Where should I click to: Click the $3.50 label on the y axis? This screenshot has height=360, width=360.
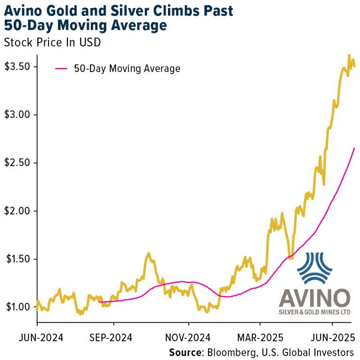[x=17, y=67]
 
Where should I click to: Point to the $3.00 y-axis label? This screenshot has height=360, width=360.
[x=17, y=115]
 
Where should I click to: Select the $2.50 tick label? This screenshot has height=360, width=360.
[x=17, y=163]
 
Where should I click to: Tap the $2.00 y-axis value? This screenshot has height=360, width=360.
[x=17, y=211]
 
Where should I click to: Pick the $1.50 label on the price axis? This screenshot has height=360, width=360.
[x=17, y=259]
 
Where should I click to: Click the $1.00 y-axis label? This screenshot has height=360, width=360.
[x=17, y=307]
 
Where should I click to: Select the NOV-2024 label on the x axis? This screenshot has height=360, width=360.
[x=188, y=338]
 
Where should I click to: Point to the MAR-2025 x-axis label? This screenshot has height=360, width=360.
[x=259, y=338]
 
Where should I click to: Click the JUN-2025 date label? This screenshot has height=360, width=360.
[x=332, y=338]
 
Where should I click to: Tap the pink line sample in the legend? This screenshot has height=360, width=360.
[x=62, y=69]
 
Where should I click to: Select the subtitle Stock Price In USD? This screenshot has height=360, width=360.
[x=53, y=42]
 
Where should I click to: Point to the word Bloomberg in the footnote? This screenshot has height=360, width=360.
[x=229, y=352]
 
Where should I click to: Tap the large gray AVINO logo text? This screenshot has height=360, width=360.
[x=314, y=297]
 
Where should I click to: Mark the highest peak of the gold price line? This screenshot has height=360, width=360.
[x=349, y=55]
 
